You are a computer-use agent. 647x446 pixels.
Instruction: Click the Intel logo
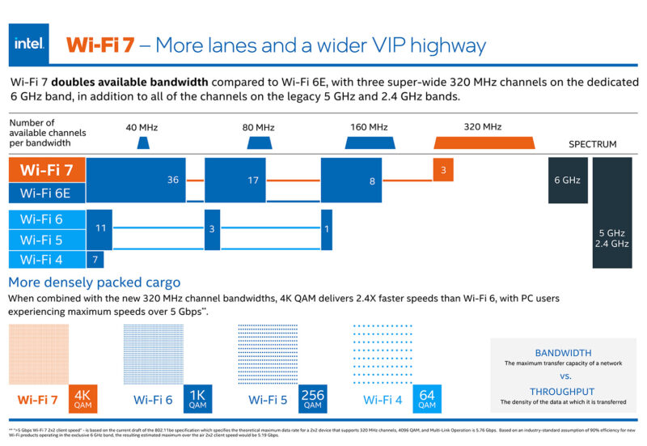pyautogui.click(x=28, y=44)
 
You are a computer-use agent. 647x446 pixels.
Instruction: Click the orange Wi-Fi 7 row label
pyautogui.click(x=47, y=170)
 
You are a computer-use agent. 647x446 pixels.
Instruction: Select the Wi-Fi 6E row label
pyautogui.click(x=47, y=193)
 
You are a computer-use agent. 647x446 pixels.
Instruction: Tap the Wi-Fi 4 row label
pyautogui.click(x=41, y=259)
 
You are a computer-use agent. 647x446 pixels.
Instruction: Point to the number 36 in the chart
pyautogui.click(x=172, y=180)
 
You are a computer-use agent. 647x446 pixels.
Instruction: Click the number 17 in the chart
pyautogui.click(x=252, y=180)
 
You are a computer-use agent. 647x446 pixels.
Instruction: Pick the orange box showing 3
pyautogui.click(x=442, y=170)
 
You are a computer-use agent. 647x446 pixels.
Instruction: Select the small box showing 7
pyautogui.click(x=95, y=259)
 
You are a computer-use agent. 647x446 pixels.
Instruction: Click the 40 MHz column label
pyautogui.click(x=142, y=127)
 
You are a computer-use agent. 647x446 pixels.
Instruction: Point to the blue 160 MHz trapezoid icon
pyautogui.click(x=369, y=142)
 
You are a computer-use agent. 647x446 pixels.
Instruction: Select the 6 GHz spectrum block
pyautogui.click(x=567, y=180)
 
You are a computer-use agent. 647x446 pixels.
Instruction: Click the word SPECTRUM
pyautogui.click(x=592, y=145)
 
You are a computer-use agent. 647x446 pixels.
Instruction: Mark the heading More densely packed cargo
pyautogui.click(x=95, y=282)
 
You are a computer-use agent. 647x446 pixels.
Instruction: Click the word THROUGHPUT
pyautogui.click(x=563, y=391)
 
